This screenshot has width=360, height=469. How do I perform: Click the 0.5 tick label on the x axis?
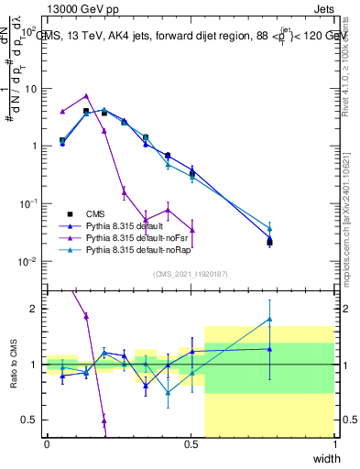[191, 444]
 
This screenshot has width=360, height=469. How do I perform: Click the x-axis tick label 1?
[334, 444]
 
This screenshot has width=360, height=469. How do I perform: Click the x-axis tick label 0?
[47, 444]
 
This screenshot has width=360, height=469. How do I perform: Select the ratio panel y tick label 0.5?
[29, 420]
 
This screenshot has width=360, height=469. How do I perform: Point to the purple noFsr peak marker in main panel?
[86, 95]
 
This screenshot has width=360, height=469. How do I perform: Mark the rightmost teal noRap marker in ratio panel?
[270, 319]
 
